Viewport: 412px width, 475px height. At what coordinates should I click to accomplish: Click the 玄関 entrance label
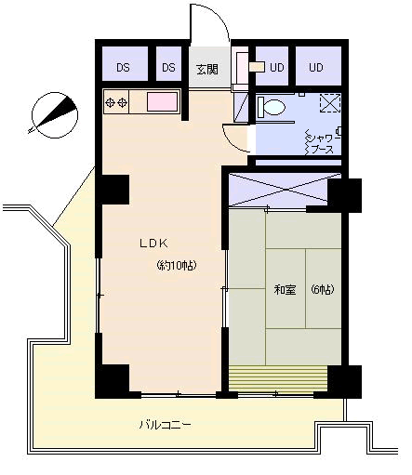[x=207, y=69]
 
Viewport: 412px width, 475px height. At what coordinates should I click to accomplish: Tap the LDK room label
[x=154, y=244]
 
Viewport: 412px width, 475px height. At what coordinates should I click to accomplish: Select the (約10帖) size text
[x=177, y=266]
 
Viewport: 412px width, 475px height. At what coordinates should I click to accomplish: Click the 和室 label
[x=285, y=290]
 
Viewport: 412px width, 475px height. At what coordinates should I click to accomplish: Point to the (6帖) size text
[x=323, y=289]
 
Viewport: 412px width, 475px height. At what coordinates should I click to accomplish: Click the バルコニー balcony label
[x=165, y=425]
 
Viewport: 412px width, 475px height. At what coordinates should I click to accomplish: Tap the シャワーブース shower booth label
[x=322, y=144]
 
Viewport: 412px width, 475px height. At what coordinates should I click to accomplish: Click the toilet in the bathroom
[x=272, y=107]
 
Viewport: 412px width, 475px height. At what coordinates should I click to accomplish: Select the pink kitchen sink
[x=162, y=101]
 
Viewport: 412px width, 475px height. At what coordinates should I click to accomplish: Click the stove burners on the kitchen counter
[x=116, y=102]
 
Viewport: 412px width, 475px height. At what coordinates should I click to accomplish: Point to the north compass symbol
[x=55, y=114]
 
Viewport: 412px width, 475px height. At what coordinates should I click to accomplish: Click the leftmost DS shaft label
[x=123, y=68]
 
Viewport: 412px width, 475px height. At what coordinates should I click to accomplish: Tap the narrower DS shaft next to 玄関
[x=168, y=68]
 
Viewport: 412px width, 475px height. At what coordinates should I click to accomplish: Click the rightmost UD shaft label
[x=316, y=67]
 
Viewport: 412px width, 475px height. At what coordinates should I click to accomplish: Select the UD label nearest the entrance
[x=276, y=67]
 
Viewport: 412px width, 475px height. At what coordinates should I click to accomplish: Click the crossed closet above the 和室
[x=278, y=189]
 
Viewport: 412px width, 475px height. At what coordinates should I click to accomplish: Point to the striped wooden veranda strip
[x=278, y=378]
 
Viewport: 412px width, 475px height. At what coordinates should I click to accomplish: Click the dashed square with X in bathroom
[x=330, y=103]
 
